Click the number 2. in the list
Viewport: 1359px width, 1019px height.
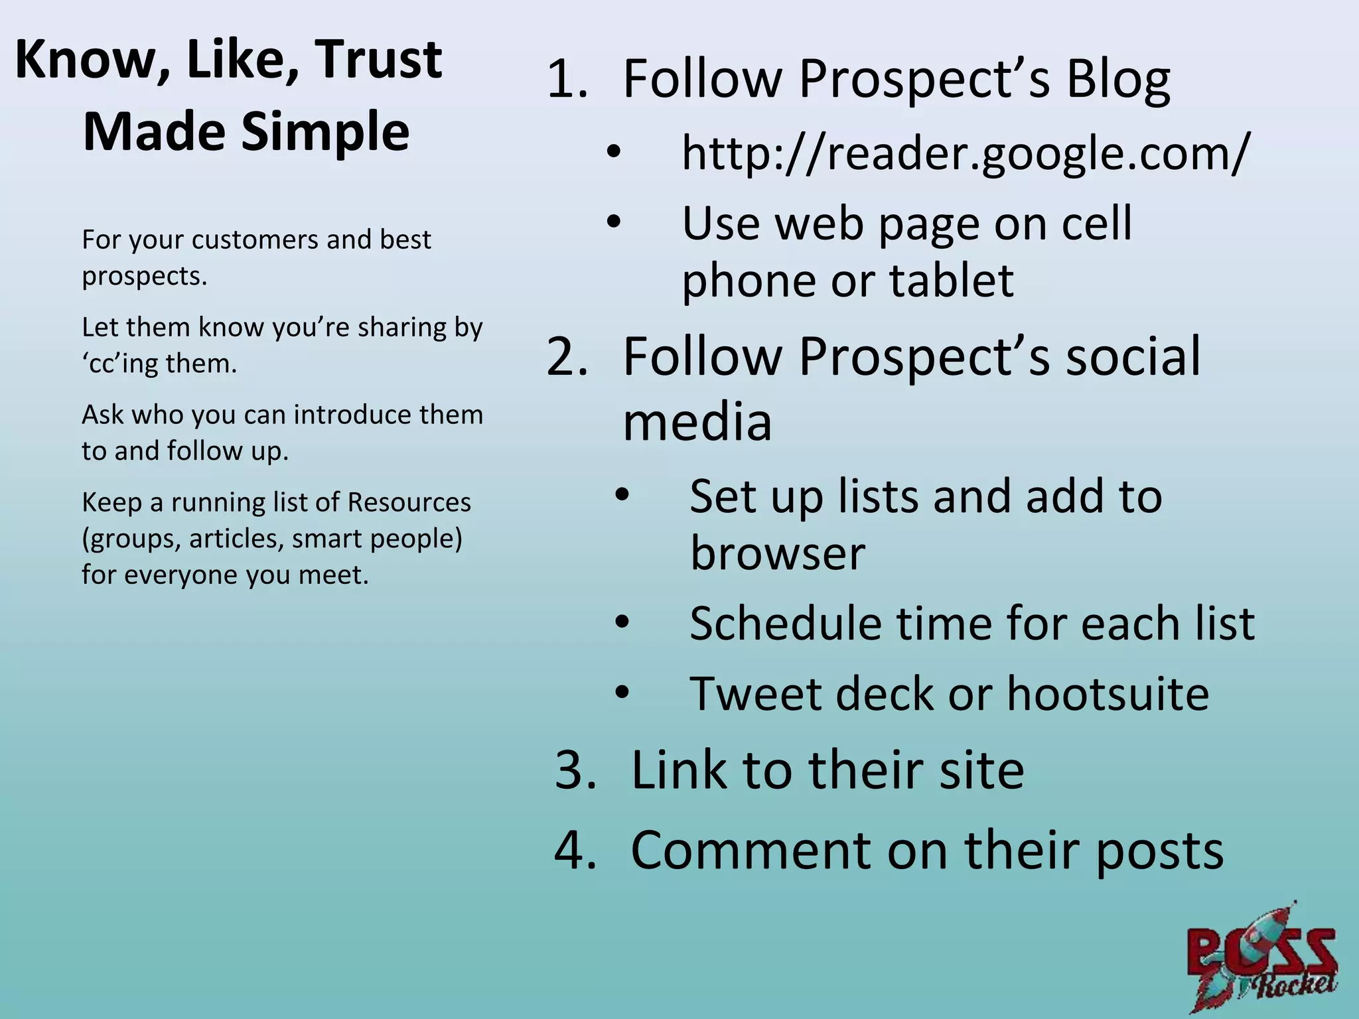tap(568, 357)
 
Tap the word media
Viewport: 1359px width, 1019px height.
tap(697, 422)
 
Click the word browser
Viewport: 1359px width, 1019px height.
tap(778, 553)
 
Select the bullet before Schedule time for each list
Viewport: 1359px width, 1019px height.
tap(621, 624)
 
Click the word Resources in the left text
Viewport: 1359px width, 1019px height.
tap(409, 503)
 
